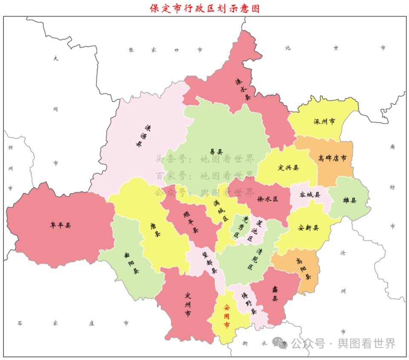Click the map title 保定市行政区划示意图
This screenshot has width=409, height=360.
tap(204, 8)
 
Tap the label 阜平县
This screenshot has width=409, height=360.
tap(60, 225)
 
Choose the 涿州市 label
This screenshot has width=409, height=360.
tap(324, 122)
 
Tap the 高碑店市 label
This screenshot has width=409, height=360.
tap(332, 158)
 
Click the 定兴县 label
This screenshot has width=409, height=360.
tap(288, 167)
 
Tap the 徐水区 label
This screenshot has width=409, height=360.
tap(268, 199)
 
